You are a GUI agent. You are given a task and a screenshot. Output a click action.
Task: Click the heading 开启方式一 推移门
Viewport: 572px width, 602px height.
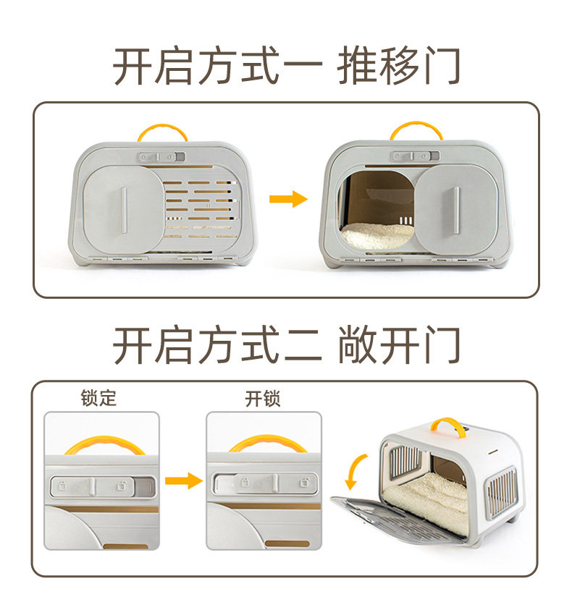286,67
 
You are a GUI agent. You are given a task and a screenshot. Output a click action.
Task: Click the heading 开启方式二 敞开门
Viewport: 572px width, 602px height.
286,345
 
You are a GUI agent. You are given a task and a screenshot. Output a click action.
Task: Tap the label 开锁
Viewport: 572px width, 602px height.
262,398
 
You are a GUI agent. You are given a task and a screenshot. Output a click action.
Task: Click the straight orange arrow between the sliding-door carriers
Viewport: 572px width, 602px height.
288,199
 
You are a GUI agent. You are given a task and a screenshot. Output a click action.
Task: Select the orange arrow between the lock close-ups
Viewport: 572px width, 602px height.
182,480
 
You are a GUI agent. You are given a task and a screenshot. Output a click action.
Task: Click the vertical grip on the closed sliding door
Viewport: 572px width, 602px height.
124,210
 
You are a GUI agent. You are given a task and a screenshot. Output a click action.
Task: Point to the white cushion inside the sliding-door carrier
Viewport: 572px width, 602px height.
377,234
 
